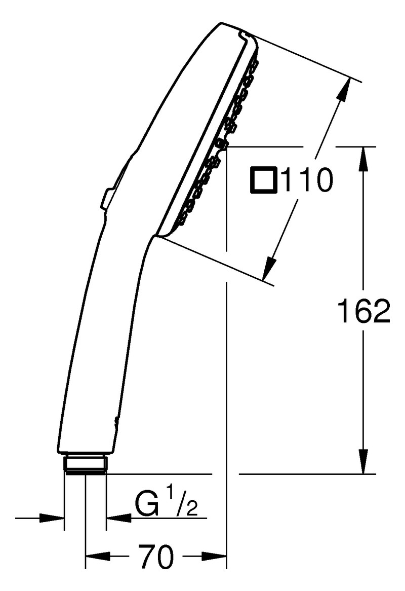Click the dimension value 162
(364, 311)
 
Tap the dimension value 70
(156, 557)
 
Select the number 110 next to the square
(307, 180)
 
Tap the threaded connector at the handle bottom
(86, 464)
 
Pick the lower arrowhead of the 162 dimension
(363, 461)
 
